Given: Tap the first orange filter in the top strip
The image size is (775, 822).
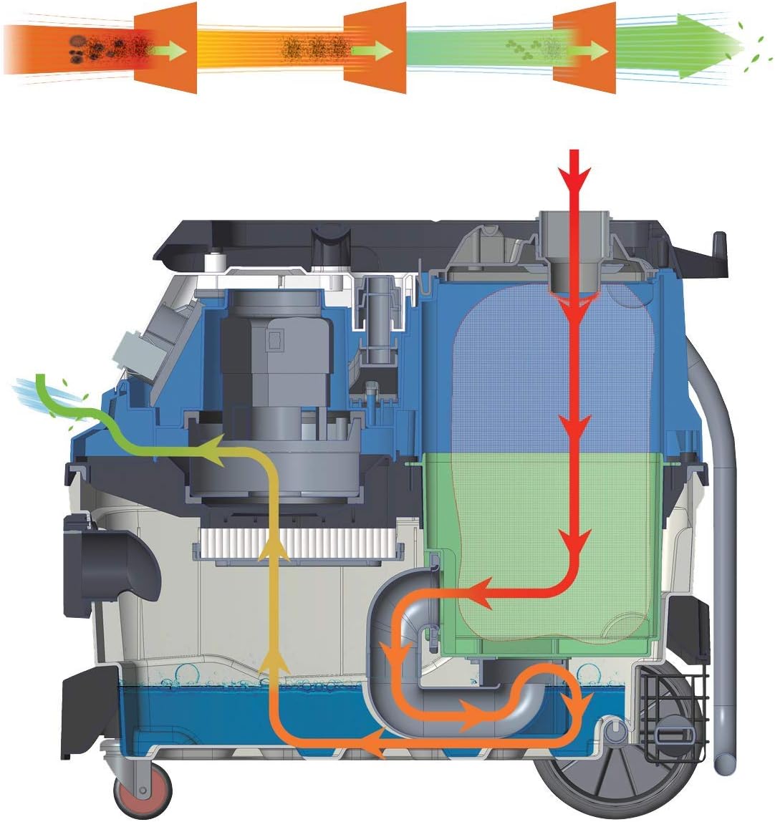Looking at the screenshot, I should coord(165,48).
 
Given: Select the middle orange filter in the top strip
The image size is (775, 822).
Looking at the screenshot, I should coord(375,48).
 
